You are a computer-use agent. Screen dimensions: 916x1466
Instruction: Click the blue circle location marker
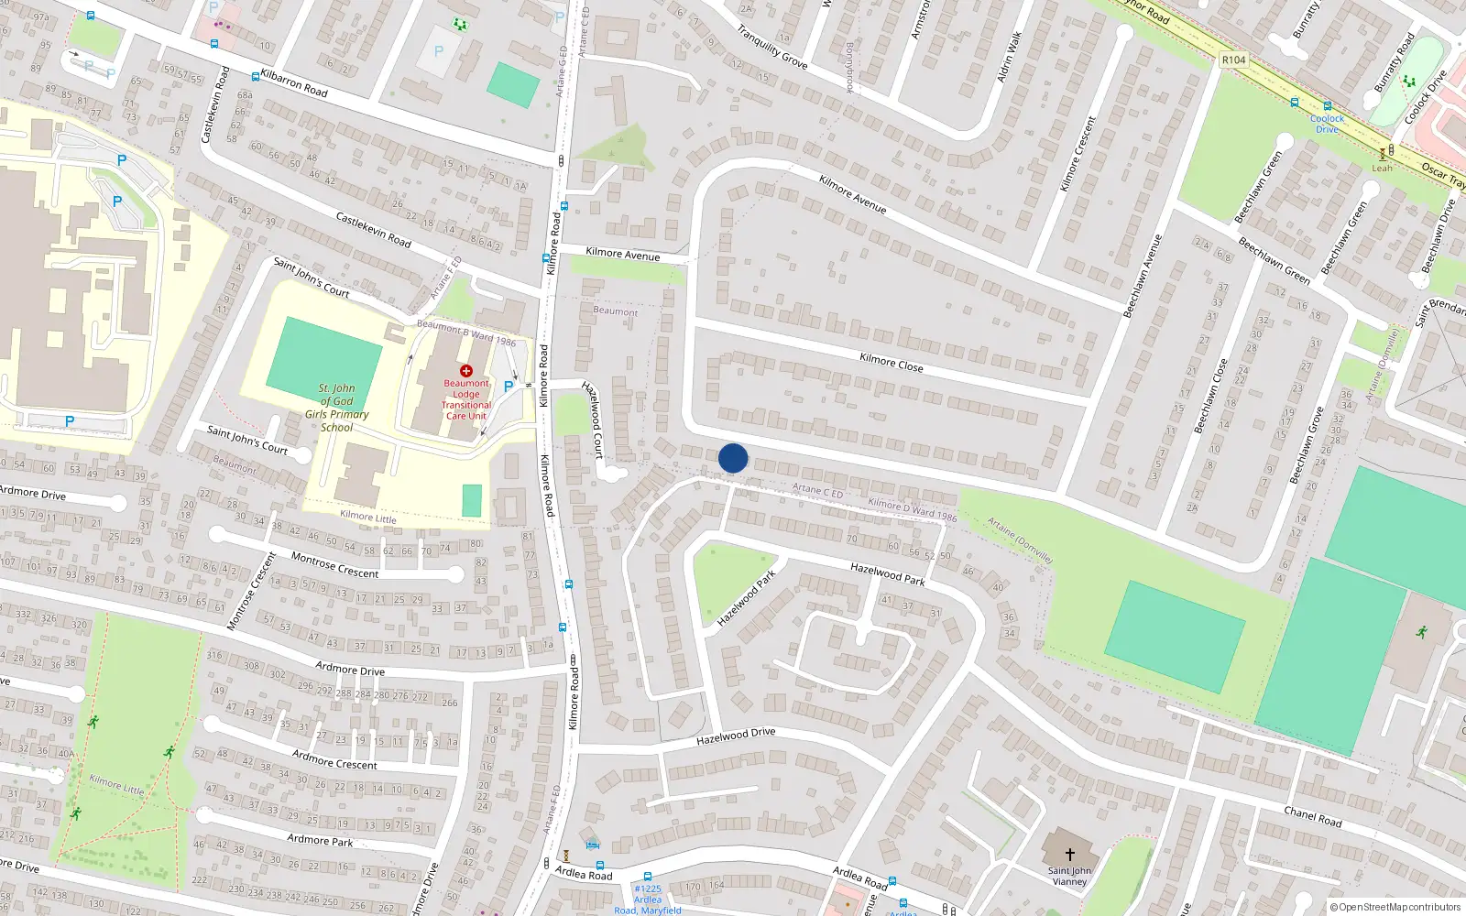(733, 458)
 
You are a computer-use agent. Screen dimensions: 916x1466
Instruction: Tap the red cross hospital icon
(466, 371)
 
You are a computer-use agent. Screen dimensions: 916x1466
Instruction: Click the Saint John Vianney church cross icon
(1069, 854)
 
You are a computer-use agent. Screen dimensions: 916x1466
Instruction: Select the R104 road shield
(1234, 60)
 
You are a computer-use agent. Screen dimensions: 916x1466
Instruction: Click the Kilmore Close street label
(892, 362)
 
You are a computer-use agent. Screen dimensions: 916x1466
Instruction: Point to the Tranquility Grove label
(772, 47)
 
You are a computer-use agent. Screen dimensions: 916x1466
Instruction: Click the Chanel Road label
(1312, 815)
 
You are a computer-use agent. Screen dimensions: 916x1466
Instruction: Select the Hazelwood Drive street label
(736, 736)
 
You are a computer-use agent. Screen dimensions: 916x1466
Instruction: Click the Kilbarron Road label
(294, 82)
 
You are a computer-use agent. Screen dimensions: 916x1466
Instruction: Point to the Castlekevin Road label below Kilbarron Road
(373, 229)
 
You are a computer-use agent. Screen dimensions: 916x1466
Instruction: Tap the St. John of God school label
(337, 408)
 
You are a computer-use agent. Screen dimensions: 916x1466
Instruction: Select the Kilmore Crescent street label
(1078, 154)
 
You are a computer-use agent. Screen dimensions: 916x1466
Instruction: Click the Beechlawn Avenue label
(1143, 276)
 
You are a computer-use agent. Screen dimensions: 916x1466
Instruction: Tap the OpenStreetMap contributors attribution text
(1395, 908)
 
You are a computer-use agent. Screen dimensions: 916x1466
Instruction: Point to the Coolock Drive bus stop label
(1327, 123)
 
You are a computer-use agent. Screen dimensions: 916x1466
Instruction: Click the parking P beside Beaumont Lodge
(509, 387)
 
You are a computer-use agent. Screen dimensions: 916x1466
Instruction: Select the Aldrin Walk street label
(1009, 57)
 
